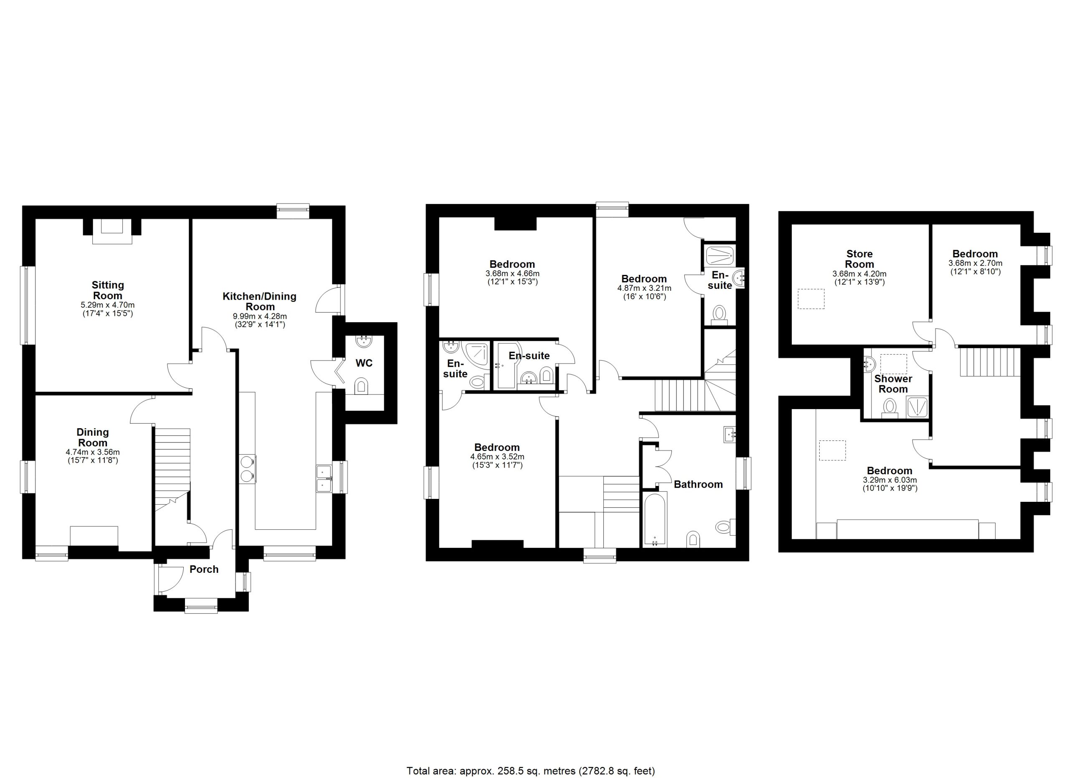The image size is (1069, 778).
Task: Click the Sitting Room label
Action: click(108, 290)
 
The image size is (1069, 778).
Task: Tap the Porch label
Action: click(204, 570)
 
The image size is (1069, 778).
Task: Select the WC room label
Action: click(364, 363)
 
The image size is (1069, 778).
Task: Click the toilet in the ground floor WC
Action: click(361, 386)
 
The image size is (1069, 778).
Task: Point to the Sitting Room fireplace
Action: click(112, 231)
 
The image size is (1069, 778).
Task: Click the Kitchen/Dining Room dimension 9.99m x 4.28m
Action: click(260, 316)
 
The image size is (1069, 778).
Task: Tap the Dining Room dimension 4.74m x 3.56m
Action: click(93, 452)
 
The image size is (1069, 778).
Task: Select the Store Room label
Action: click(859, 259)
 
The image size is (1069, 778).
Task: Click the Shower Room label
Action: click(893, 384)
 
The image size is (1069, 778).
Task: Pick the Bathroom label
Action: click(698, 484)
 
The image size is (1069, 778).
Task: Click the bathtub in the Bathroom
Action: click(655, 519)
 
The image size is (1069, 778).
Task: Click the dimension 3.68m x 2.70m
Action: click(975, 263)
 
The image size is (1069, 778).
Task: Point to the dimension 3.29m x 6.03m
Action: click(889, 480)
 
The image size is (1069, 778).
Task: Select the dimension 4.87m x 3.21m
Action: click(644, 288)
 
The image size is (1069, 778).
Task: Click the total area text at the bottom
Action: click(531, 771)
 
